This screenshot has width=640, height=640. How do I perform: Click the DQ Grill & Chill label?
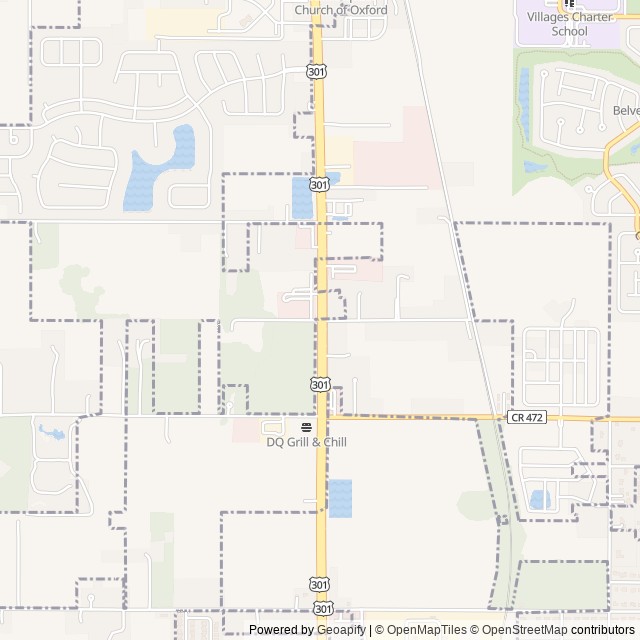[306, 442]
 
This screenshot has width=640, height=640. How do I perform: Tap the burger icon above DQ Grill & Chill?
[306, 427]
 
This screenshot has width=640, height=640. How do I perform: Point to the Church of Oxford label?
[340, 10]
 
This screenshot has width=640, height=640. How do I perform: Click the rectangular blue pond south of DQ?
[340, 498]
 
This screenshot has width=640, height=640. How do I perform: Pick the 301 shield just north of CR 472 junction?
[318, 385]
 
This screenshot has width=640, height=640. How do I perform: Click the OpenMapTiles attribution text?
[425, 630]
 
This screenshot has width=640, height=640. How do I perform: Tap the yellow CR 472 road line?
[420, 418]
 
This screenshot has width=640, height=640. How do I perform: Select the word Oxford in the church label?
[367, 10]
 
